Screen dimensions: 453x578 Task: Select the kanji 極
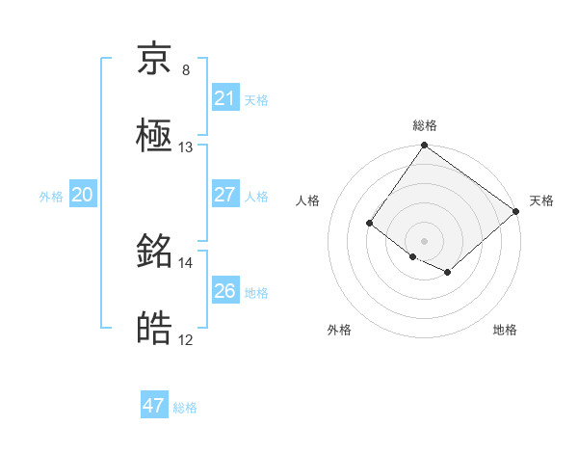[x=154, y=136]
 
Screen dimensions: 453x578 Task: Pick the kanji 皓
[x=154, y=329]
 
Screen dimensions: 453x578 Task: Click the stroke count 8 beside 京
[x=186, y=70]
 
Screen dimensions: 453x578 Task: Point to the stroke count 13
[x=186, y=147]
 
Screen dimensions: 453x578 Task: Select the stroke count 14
[x=186, y=262]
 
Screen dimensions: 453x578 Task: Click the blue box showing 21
[x=224, y=98]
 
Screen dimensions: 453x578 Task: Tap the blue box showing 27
[x=224, y=195]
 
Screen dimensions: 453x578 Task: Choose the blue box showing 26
[x=224, y=291]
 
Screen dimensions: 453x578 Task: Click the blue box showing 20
[x=83, y=195]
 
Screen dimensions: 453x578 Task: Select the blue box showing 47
[x=154, y=406]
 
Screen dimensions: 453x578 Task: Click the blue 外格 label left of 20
[x=51, y=196]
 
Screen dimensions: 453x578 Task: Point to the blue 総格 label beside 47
[x=185, y=407]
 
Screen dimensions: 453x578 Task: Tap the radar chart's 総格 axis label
[x=424, y=125]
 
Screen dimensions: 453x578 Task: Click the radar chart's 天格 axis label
[x=541, y=200]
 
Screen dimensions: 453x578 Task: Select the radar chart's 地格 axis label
[x=505, y=330]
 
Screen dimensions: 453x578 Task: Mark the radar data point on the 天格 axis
[x=516, y=211]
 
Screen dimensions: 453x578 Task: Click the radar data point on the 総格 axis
[x=424, y=147]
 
